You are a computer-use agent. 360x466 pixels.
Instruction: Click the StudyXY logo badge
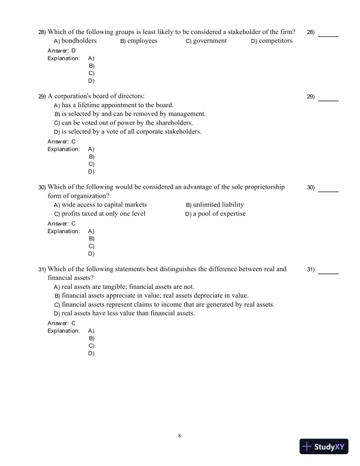322,447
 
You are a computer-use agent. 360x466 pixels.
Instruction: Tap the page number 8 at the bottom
179,435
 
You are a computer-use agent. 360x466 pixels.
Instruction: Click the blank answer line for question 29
328,101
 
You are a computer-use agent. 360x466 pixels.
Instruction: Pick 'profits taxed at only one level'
104,214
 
